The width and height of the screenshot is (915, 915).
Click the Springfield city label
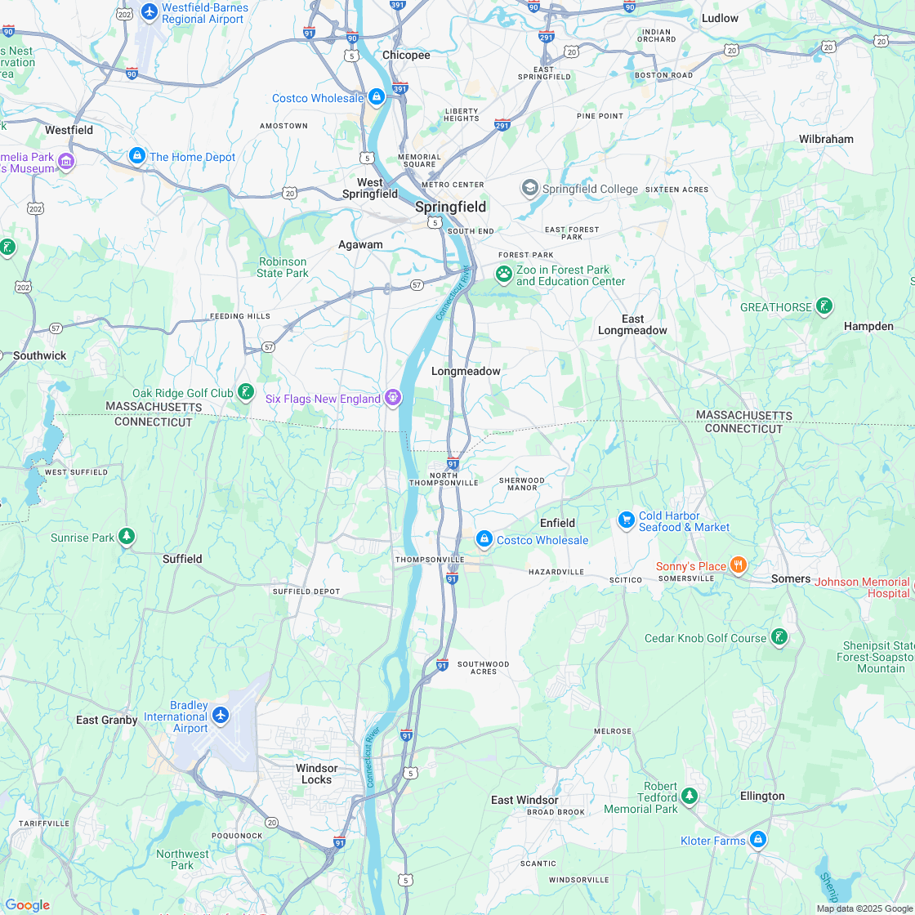point(450,207)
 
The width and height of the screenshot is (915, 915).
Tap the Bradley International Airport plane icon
point(220,715)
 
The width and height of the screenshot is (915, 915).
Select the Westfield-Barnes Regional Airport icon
point(149,11)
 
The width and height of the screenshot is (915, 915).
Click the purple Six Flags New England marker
point(393,398)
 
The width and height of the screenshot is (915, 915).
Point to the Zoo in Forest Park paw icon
point(504,274)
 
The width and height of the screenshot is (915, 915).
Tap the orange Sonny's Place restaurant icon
point(738,565)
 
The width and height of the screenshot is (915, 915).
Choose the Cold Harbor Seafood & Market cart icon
point(627,520)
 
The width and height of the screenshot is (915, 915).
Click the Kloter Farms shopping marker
point(758,839)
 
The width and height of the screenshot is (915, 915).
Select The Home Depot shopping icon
point(137,156)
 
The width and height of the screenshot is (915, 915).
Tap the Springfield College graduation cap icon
point(530,189)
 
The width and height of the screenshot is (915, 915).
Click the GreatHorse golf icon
point(824,306)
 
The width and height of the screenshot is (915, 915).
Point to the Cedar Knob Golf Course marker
point(779,637)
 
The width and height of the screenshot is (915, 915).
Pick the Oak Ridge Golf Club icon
point(245,393)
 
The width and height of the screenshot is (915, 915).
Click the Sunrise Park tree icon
point(127,537)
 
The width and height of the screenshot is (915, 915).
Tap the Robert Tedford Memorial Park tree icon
point(690,795)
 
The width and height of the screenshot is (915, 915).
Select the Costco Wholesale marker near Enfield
point(484,539)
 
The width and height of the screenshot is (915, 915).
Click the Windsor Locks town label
point(316,774)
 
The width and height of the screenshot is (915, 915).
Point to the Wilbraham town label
point(825,139)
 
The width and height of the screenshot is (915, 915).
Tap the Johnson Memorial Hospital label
point(862,587)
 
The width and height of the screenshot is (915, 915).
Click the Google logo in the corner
point(27,904)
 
